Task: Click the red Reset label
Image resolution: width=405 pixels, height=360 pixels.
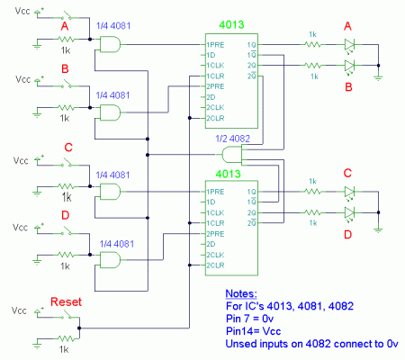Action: coord(67,301)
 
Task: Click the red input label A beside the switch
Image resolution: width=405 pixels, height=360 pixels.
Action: coord(64,27)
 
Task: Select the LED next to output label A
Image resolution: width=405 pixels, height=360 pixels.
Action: coord(349,44)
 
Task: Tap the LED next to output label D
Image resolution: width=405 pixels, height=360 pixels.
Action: coord(349,213)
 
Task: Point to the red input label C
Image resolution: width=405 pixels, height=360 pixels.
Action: coord(67,148)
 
